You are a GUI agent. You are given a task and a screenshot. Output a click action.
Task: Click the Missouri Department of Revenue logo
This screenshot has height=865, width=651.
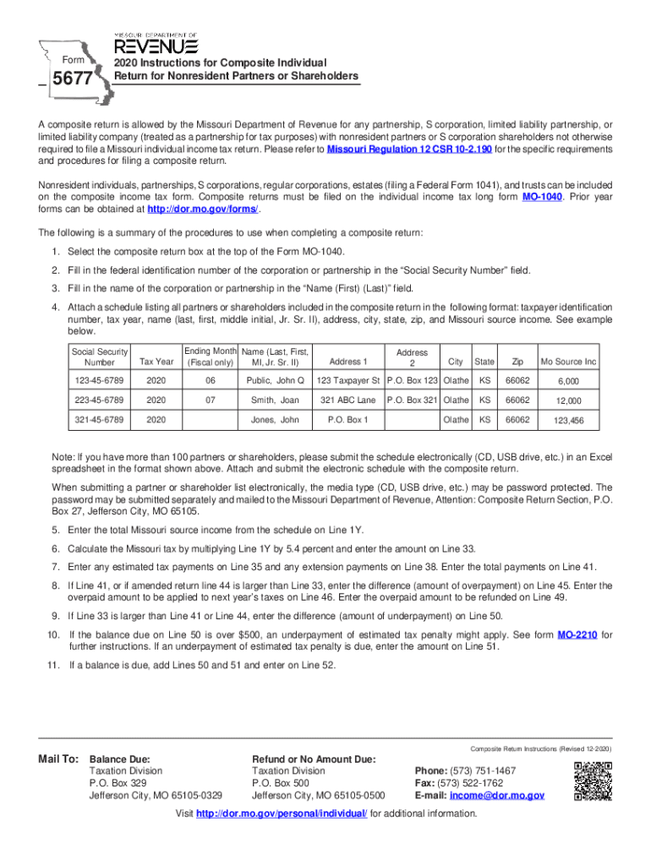point(156,42)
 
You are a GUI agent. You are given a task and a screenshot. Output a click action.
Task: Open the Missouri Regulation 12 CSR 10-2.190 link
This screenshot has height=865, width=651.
point(410,149)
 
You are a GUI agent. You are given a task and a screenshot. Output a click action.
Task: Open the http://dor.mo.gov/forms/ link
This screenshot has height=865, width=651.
point(203,209)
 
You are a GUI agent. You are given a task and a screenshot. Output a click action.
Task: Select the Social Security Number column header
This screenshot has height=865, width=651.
point(100,357)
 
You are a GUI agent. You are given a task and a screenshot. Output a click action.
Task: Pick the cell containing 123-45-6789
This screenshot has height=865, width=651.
point(100,380)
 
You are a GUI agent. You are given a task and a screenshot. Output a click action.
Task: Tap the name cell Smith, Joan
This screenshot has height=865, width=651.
point(275,400)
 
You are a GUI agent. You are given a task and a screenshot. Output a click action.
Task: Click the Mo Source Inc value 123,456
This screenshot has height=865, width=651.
point(569,421)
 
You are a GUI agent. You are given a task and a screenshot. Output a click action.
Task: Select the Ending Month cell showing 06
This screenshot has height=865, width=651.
point(209,380)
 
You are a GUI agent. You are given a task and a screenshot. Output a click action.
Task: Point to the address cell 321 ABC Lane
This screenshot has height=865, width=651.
point(348,400)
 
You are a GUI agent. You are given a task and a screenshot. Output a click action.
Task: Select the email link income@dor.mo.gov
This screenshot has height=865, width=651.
point(497,795)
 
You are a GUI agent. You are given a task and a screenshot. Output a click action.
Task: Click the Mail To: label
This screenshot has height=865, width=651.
point(58,759)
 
